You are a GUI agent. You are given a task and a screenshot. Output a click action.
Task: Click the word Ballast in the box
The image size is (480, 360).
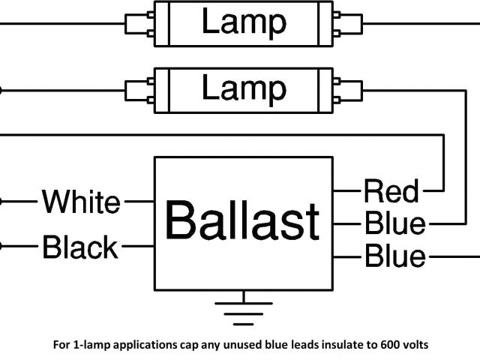[242, 221]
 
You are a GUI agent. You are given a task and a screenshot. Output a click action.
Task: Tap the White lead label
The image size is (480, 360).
[81, 202]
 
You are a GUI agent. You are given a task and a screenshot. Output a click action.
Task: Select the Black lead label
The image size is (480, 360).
[81, 247]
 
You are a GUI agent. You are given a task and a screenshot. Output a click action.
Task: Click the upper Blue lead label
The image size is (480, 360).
[394, 223]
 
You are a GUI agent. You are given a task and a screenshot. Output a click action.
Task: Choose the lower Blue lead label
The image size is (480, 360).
[394, 256]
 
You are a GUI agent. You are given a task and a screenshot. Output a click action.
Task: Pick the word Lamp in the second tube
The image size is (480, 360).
[243, 89]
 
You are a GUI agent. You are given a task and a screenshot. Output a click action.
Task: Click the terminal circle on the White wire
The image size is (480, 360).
[1, 202]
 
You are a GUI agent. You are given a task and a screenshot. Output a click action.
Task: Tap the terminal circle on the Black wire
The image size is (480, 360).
[1, 246]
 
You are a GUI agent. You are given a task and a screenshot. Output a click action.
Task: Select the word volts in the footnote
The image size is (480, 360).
[411, 346]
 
